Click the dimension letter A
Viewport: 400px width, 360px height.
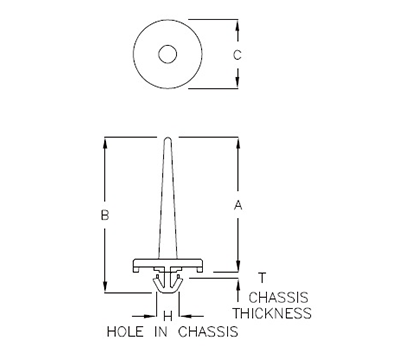(x=237, y=205)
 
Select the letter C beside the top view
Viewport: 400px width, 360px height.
(x=237, y=57)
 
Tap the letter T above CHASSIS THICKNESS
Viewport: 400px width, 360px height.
(x=262, y=278)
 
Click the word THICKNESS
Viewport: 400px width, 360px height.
(x=272, y=313)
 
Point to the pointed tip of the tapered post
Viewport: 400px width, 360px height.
(x=168, y=137)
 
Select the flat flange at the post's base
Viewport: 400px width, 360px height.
(x=168, y=266)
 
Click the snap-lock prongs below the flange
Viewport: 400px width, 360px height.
(x=168, y=289)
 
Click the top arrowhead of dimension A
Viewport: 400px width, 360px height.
(x=237, y=139)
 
